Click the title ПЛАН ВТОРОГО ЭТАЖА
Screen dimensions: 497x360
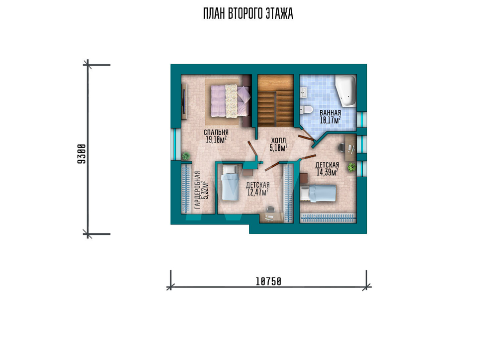click(x=248, y=13)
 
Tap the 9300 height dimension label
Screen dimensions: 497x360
click(x=82, y=154)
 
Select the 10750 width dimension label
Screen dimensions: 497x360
click(x=268, y=281)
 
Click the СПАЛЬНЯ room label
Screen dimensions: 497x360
click(x=216, y=133)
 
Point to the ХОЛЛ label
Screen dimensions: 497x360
click(x=278, y=140)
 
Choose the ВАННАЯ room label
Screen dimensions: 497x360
click(x=331, y=113)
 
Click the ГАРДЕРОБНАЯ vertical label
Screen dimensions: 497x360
click(x=197, y=190)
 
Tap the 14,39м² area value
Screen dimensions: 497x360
click(x=327, y=172)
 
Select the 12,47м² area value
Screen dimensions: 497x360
click(x=257, y=192)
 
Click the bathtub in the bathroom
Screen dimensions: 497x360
click(x=346, y=90)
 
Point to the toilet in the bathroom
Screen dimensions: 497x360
click(x=306, y=110)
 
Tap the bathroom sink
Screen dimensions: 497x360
click(x=303, y=92)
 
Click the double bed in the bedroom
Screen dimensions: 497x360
click(x=231, y=100)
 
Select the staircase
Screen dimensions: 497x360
click(x=275, y=101)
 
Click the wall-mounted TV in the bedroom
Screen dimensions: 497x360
click(x=183, y=101)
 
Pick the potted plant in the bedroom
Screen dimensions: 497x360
click(x=186, y=156)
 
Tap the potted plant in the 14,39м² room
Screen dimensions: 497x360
click(x=351, y=167)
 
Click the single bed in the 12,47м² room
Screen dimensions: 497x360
click(x=230, y=183)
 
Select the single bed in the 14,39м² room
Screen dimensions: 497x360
click(x=318, y=194)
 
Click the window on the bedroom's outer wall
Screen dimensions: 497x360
click(x=173, y=144)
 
